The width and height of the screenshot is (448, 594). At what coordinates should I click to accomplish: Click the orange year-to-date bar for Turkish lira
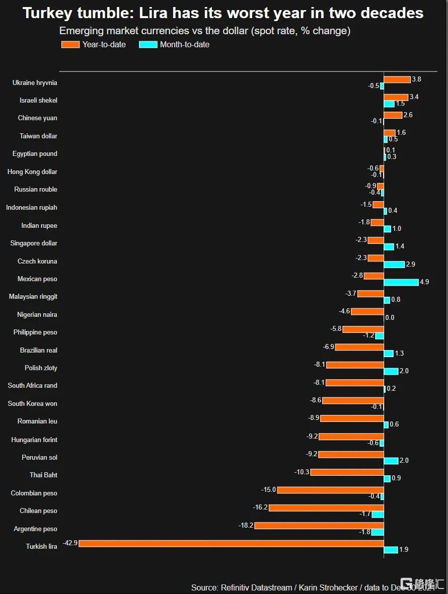point(231,543)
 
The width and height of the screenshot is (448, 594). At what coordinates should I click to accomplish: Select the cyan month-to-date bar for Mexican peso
point(401,282)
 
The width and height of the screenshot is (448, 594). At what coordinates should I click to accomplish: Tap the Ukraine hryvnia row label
point(35,82)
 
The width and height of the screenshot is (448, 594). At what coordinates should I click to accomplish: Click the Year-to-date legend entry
point(94,44)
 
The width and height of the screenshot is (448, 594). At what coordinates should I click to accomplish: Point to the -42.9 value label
point(70,543)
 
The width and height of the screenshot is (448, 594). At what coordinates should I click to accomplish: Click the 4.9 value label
point(424,282)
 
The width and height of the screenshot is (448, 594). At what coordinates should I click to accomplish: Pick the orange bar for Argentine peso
point(319,526)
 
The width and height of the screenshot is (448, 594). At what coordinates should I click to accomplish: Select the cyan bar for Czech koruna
point(394,264)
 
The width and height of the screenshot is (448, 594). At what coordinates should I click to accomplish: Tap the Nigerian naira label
point(37,314)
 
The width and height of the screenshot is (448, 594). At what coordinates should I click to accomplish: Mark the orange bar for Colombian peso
point(330,490)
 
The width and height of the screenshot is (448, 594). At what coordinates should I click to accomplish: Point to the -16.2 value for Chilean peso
point(260,507)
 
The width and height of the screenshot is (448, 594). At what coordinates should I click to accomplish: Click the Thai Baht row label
point(43,475)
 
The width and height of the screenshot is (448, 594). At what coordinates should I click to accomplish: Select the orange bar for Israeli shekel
point(396,97)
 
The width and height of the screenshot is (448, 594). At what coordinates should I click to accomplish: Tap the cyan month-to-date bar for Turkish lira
point(391,550)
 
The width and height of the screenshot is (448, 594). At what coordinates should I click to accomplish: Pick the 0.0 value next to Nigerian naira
point(390,318)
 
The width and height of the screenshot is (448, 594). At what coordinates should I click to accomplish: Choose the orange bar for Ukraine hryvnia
point(397,79)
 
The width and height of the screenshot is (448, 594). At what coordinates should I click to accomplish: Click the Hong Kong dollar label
point(32,172)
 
